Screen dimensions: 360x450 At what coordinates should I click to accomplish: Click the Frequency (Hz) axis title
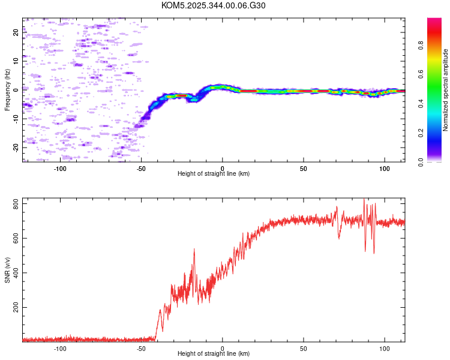(x=8, y=90)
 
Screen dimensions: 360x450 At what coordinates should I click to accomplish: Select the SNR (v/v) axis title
(x=8, y=270)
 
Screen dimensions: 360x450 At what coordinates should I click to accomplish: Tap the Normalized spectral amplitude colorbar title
(x=446, y=90)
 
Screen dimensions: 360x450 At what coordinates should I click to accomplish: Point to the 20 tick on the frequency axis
(x=16, y=32)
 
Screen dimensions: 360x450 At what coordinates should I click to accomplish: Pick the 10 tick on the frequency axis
(x=16, y=61)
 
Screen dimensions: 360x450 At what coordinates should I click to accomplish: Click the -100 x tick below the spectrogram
(x=60, y=169)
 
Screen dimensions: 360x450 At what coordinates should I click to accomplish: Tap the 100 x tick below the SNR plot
(x=385, y=349)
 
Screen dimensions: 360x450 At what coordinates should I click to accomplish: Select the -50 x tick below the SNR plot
(x=142, y=349)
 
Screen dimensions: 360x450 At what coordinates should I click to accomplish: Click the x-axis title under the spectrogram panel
(x=214, y=174)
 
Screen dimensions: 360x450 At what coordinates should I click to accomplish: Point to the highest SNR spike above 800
(x=364, y=200)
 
